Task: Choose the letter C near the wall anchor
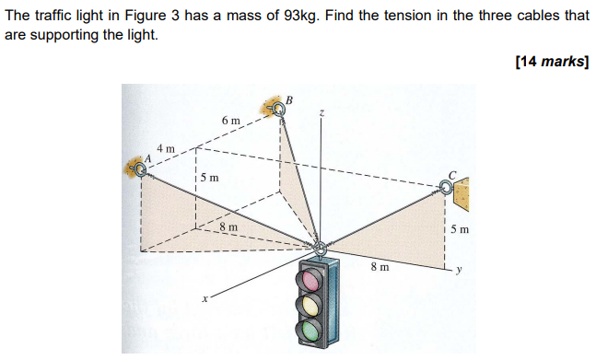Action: (451, 174)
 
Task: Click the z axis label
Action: (322, 112)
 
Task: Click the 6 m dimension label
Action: (230, 121)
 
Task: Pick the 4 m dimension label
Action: (166, 148)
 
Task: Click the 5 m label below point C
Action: (460, 228)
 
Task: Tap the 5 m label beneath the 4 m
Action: (210, 177)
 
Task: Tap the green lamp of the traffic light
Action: (313, 326)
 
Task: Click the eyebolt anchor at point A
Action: (140, 168)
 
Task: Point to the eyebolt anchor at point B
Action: (279, 110)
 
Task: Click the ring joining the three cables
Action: (321, 248)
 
